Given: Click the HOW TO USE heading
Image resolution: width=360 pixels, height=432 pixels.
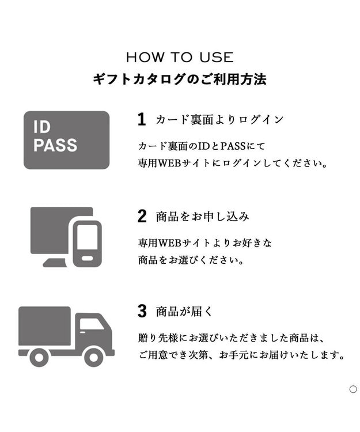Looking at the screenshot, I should tap(180, 58).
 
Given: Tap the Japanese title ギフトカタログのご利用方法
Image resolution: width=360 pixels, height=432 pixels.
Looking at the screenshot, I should tap(180, 79).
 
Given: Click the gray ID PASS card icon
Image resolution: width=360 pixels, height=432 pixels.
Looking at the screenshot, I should tap(66, 140).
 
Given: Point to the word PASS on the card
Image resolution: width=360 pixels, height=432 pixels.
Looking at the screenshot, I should tap(55, 146).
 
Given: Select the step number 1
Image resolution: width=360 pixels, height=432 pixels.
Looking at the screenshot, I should tap(142, 119).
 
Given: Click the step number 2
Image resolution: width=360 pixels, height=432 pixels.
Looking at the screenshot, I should tap(142, 217).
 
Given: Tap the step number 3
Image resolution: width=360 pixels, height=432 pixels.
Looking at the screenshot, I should tap(142, 312).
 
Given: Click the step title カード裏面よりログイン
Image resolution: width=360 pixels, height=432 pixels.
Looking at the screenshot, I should tap(219, 120).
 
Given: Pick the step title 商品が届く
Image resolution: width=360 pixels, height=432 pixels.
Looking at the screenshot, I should tap(184, 312).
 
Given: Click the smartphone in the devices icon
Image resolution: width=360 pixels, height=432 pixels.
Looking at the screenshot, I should tap(87, 243).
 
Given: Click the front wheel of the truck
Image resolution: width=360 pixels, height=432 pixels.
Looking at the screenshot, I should tap(93, 357).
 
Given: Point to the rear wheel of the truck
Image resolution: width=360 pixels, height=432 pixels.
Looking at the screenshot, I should tap(39, 357).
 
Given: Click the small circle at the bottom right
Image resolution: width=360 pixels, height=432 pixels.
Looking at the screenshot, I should tap(353, 389).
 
